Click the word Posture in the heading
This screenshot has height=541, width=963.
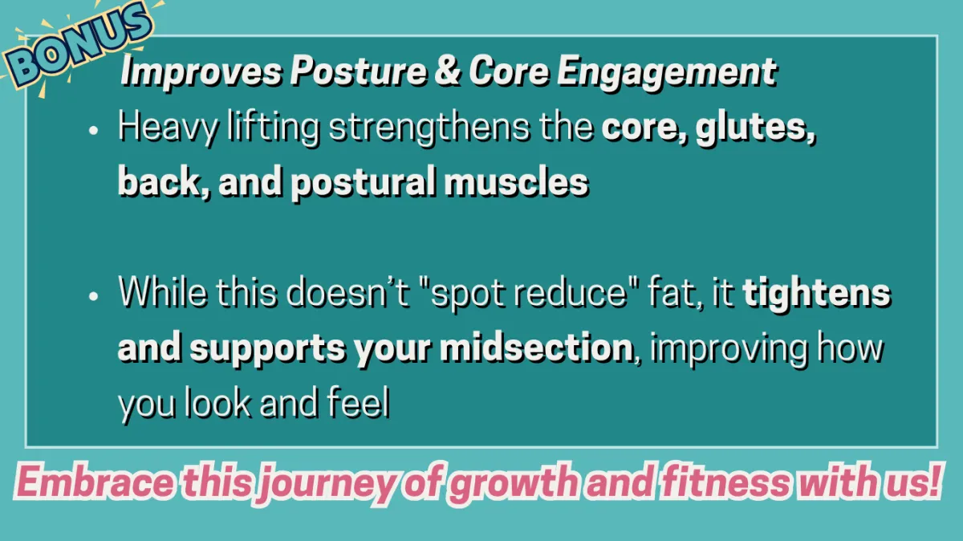point(359,71)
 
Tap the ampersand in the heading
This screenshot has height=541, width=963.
point(448,71)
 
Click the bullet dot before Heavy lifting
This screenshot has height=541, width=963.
point(93,130)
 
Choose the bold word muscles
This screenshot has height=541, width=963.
point(516,182)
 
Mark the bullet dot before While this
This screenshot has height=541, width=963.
point(93,296)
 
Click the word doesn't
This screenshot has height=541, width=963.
point(347,293)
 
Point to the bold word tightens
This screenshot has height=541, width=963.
point(817,293)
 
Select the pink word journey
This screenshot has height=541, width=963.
point(328,484)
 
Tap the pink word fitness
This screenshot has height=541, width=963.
point(725,482)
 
